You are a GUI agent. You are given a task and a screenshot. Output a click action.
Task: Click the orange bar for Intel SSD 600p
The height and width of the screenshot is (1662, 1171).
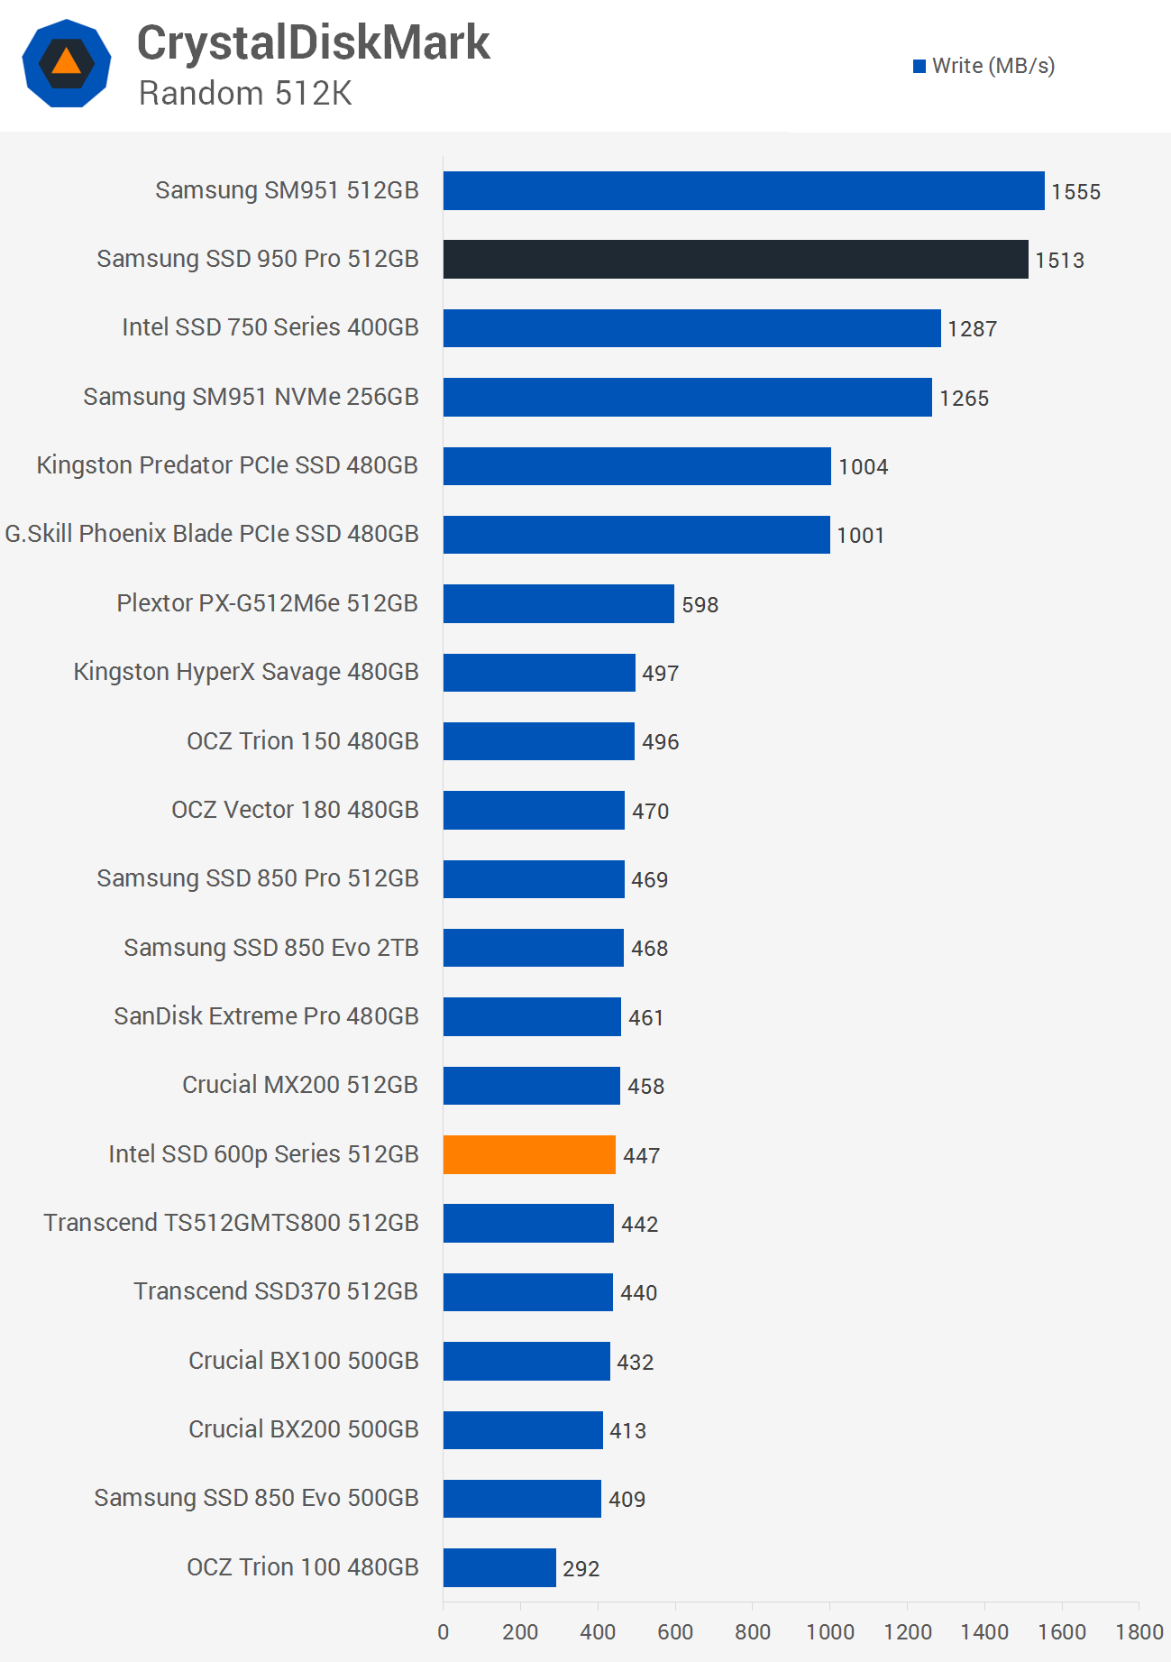pyautogui.click(x=529, y=1154)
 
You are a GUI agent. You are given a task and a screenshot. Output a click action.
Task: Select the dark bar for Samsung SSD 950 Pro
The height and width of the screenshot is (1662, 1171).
pyautogui.click(x=735, y=259)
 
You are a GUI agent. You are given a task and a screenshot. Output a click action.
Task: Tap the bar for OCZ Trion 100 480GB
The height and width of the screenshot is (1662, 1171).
pyautogui.click(x=499, y=1567)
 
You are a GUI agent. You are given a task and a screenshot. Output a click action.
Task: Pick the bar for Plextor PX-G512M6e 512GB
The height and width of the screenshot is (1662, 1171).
pyautogui.click(x=558, y=603)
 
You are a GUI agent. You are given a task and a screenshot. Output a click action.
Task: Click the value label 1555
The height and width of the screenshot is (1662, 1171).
pyautogui.click(x=1075, y=192)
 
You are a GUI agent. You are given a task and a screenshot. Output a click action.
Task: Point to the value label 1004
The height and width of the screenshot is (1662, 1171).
pyautogui.click(x=863, y=467)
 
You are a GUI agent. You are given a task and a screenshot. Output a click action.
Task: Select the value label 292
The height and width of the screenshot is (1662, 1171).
pyautogui.click(x=581, y=1569)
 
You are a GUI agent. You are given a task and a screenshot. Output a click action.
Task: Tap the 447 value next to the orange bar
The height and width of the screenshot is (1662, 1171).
pyautogui.click(x=641, y=1156)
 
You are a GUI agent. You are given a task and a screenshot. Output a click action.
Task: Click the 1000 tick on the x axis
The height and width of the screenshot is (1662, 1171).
pyautogui.click(x=829, y=1631)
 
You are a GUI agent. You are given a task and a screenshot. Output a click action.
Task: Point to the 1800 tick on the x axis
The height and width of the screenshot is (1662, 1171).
pyautogui.click(x=1139, y=1631)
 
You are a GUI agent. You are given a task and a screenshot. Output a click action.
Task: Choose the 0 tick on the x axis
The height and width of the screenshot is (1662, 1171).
pyautogui.click(x=443, y=1631)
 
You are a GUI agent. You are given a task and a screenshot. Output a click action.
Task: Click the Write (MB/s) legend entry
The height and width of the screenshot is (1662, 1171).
pyautogui.click(x=983, y=66)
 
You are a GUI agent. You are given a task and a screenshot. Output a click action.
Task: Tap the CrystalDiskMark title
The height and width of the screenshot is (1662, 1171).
pyautogui.click(x=313, y=42)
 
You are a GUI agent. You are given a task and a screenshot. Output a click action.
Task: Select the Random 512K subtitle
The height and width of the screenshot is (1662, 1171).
pyautogui.click(x=245, y=93)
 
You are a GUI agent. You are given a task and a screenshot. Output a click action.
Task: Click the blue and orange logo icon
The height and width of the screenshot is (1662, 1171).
pyautogui.click(x=67, y=63)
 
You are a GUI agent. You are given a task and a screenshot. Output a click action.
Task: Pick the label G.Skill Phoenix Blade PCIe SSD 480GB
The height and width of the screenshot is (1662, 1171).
pyautogui.click(x=212, y=534)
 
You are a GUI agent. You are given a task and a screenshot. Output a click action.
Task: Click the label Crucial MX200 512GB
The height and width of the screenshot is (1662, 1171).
pyautogui.click(x=300, y=1085)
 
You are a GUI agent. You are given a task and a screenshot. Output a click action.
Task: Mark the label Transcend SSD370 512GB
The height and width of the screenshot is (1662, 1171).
pyautogui.click(x=276, y=1291)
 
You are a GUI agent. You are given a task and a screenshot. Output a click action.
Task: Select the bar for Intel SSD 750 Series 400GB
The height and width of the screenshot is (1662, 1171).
pyautogui.click(x=691, y=327)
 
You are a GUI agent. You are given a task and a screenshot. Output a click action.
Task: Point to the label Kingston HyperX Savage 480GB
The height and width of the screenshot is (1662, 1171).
pyautogui.click(x=246, y=672)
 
